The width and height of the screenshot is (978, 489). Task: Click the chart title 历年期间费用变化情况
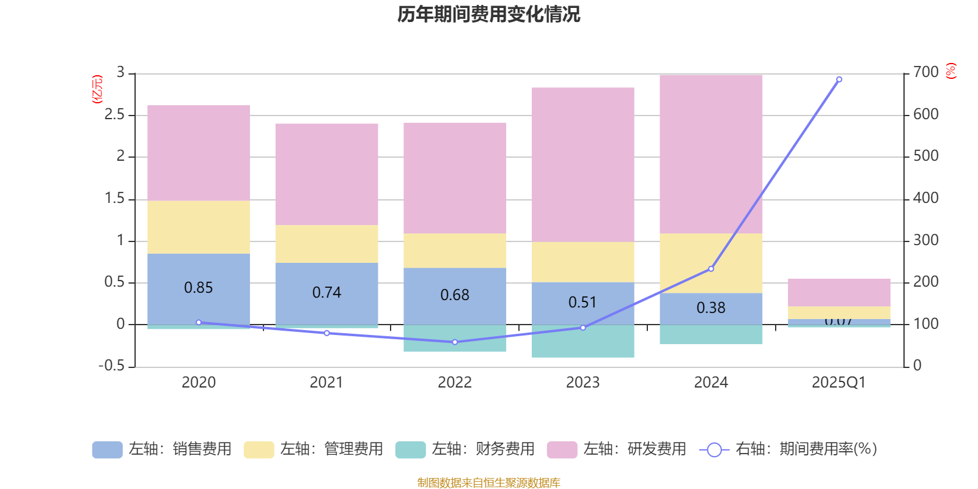[x=488, y=14]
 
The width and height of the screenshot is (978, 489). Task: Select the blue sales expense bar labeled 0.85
[x=199, y=289]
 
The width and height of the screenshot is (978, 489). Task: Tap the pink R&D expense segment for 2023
[x=583, y=164]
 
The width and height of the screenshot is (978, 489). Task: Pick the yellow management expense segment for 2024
[x=711, y=263]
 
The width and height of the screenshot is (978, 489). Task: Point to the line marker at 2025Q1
[x=839, y=79]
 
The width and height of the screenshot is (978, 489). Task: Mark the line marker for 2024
[x=711, y=269]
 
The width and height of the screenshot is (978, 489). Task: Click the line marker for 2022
[x=455, y=342]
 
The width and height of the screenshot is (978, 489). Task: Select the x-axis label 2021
[x=326, y=383]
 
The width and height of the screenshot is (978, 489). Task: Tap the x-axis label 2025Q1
[x=839, y=383]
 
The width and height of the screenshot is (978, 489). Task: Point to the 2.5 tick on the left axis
[x=114, y=115]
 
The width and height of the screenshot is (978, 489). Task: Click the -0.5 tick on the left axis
[x=111, y=366]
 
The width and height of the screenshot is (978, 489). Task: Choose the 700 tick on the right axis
[x=926, y=73]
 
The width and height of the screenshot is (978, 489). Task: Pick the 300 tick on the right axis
[x=926, y=240]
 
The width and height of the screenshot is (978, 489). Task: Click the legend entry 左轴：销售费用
[x=162, y=449]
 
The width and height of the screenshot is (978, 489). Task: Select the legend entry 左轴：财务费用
[x=465, y=449]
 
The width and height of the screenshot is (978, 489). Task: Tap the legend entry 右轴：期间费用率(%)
[x=789, y=449]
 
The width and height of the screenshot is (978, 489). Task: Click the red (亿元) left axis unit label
[x=97, y=89]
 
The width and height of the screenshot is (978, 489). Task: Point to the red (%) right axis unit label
[x=950, y=71]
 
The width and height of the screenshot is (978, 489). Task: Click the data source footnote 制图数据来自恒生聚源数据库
[x=488, y=483]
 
